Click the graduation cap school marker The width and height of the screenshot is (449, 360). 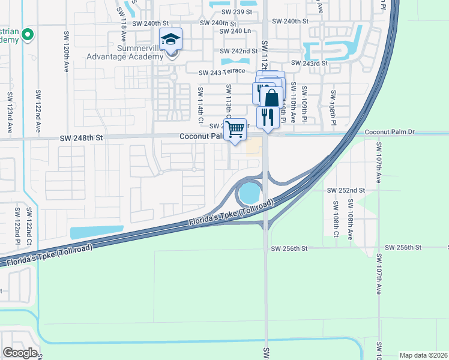[x=171, y=40]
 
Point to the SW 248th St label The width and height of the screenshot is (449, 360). [x=82, y=137]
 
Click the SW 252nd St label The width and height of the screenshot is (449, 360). [x=346, y=190]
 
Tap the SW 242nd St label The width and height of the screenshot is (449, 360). [x=239, y=52]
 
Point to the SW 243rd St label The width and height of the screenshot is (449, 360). [x=309, y=63]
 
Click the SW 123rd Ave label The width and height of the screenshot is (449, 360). [x=10, y=112]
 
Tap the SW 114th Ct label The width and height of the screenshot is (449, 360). [x=200, y=103]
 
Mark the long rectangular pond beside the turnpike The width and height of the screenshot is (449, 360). [x=96, y=232]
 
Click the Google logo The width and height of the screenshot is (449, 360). [x=20, y=352]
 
